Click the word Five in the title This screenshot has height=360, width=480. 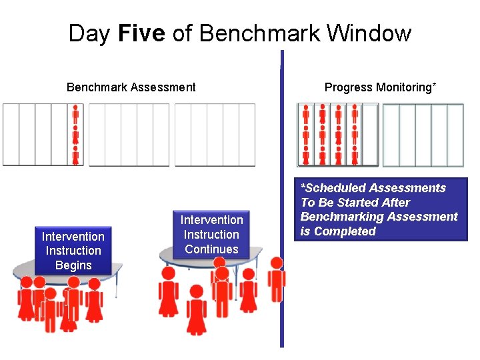141,33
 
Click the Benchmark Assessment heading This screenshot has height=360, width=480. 131,87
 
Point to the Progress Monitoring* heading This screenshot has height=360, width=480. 380,87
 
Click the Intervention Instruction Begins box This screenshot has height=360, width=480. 73,251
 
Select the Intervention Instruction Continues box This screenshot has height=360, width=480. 212,235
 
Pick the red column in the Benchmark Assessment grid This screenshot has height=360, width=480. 75,134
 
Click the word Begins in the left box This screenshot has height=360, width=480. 73,265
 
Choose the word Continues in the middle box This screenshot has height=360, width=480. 212,249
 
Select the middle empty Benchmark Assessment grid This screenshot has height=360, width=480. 129,134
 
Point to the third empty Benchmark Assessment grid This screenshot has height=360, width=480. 215,134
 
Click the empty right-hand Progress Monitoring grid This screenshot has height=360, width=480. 423,134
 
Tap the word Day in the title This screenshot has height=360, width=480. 90,33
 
